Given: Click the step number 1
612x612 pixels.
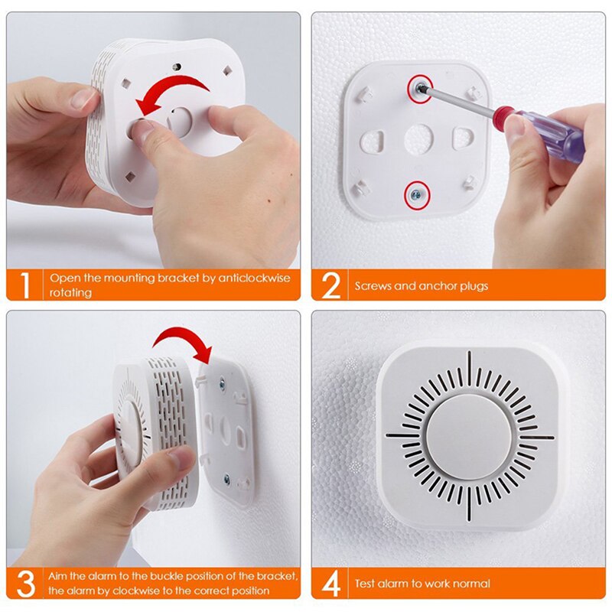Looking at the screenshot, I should point(24,285).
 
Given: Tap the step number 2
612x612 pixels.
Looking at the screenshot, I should point(330,285).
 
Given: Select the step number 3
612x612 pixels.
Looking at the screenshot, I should point(24,583).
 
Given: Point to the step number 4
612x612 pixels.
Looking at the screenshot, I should point(330,583).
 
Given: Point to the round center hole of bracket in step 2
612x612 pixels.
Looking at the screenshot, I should point(418,141).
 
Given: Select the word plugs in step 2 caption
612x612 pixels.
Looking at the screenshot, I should point(473,286).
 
